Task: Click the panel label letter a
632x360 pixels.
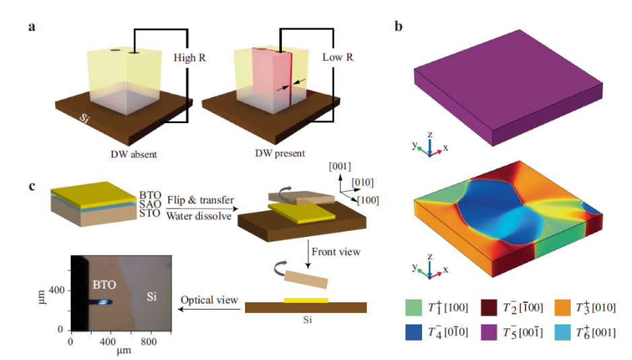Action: click(32, 28)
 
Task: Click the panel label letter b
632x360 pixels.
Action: click(398, 28)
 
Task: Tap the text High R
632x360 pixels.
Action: click(190, 58)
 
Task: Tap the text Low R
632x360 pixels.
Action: click(338, 58)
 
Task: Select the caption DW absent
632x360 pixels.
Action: click(134, 154)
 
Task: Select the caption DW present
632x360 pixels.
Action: click(279, 154)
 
